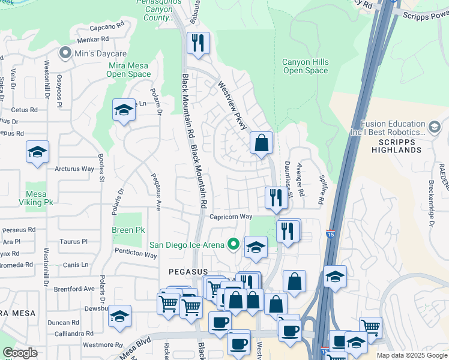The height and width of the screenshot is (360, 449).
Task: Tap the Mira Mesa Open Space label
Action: (128, 69)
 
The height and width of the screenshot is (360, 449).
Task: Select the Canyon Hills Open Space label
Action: (306, 66)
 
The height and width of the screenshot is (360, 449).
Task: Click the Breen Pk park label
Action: (128, 230)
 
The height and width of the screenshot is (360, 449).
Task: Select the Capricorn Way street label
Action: (231, 217)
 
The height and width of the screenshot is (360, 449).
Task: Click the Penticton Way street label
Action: (136, 255)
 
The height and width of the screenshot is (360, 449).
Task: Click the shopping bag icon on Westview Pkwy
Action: (261, 143)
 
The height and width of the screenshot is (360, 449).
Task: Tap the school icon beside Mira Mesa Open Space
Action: (124, 110)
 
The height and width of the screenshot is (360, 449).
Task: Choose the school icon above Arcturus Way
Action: (37, 152)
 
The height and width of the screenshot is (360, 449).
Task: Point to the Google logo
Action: (20, 353)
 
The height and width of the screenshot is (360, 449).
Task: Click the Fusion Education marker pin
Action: (434, 126)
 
